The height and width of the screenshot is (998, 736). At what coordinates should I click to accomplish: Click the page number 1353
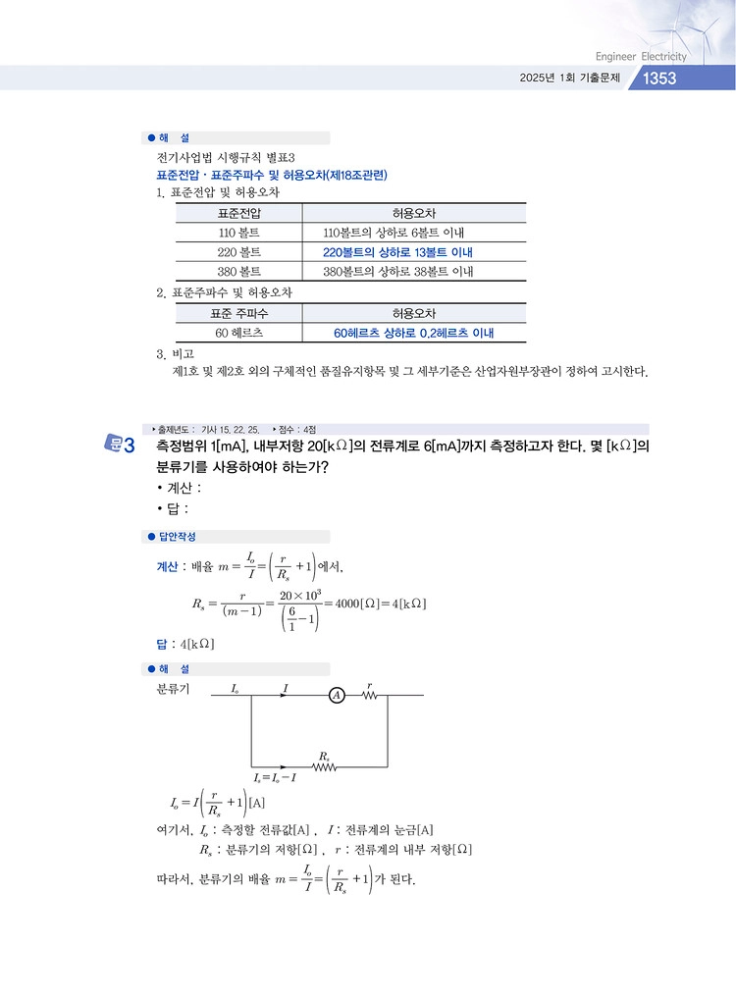pyautogui.click(x=659, y=79)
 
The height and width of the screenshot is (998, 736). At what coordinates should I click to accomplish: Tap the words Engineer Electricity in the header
pyautogui.click(x=641, y=56)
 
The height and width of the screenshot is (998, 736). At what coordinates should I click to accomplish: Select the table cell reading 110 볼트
pyautogui.click(x=239, y=233)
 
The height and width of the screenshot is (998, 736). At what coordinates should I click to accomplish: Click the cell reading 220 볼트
pyautogui.click(x=239, y=252)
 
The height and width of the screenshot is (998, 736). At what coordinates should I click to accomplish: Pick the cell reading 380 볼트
pyautogui.click(x=239, y=271)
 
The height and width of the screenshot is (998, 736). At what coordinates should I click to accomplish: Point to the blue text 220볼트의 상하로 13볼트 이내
pyautogui.click(x=397, y=252)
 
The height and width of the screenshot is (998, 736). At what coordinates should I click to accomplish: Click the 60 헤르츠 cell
pyautogui.click(x=239, y=334)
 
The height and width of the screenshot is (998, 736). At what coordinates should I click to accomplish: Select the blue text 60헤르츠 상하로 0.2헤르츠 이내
pyautogui.click(x=413, y=334)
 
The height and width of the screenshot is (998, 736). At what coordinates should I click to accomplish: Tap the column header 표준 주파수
pyautogui.click(x=239, y=313)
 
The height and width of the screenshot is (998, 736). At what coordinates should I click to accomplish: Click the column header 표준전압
pyautogui.click(x=239, y=213)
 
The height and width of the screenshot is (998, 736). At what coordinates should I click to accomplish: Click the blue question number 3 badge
pyautogui.click(x=122, y=446)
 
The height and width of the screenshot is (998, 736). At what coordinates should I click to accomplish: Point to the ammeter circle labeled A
pyautogui.click(x=337, y=695)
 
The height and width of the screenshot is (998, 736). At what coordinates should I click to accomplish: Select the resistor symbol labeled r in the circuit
pyautogui.click(x=369, y=695)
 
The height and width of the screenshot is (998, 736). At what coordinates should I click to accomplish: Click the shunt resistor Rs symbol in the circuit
pyautogui.click(x=325, y=766)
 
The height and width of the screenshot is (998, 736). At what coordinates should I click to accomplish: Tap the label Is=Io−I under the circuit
pyautogui.click(x=275, y=777)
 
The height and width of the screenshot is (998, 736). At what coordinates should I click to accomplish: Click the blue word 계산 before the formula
pyautogui.click(x=167, y=566)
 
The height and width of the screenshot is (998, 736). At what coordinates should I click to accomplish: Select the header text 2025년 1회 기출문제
pyautogui.click(x=569, y=79)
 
